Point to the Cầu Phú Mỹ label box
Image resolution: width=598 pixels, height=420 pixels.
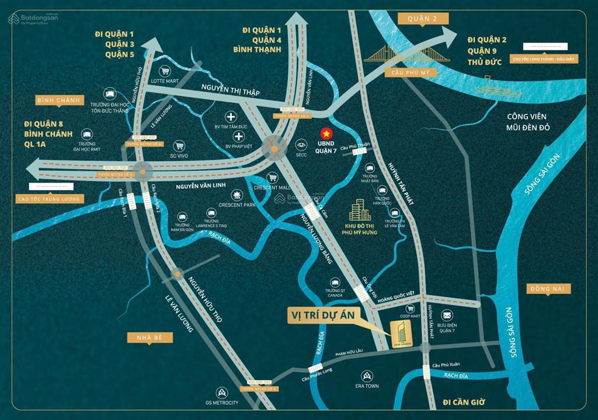click(404, 72)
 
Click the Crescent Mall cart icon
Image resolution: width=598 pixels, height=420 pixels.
click(272, 177)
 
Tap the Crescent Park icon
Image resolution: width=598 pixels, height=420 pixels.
click(237, 194)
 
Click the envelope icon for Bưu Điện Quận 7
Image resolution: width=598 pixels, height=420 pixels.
click(447, 315)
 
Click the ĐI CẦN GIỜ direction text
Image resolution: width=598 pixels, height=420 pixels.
click(465, 402)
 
